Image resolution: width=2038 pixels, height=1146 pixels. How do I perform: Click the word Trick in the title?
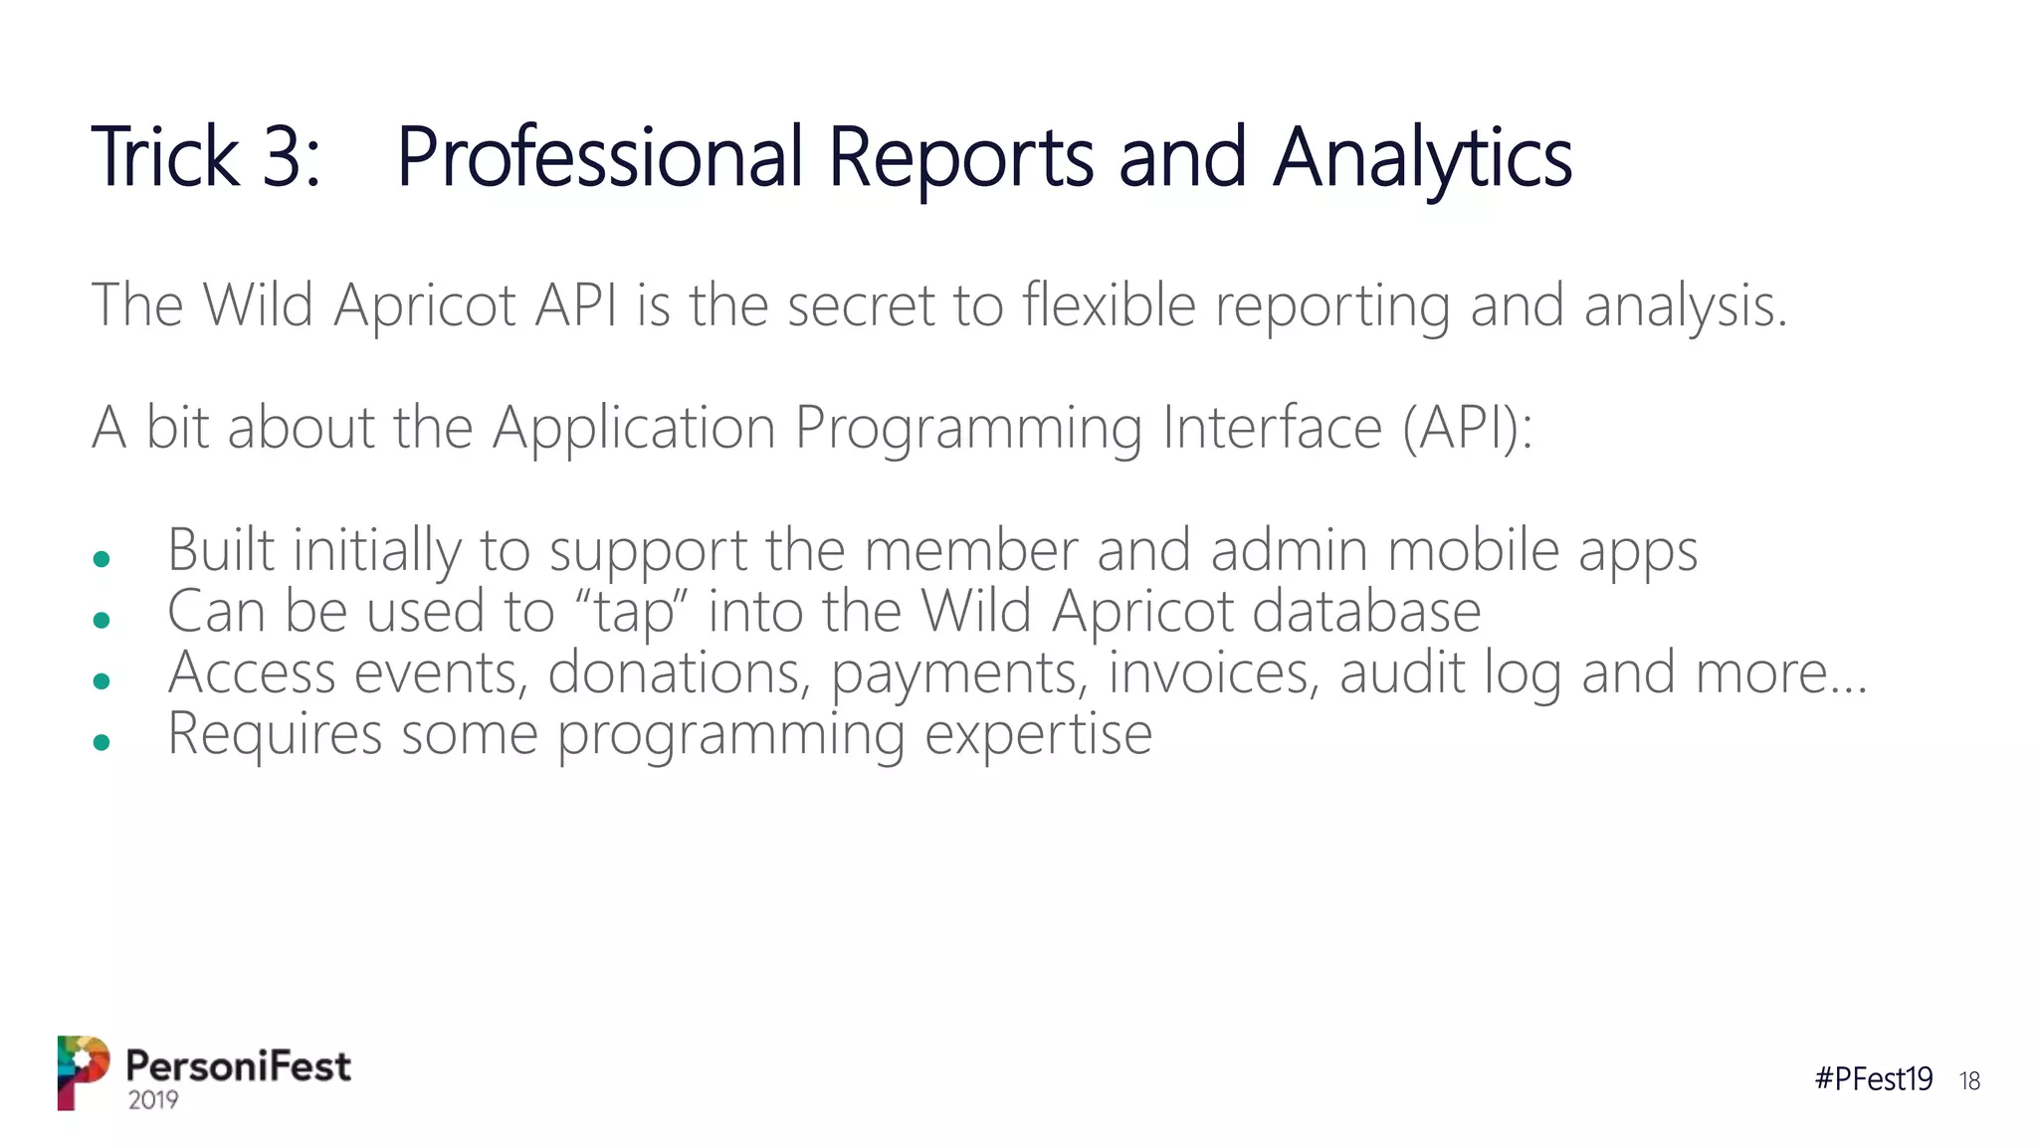165,157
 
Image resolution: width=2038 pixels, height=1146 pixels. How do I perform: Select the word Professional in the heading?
600,157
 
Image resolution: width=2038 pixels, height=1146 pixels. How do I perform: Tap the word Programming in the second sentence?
967,429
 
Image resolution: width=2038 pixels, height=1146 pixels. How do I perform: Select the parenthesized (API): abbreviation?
1468,429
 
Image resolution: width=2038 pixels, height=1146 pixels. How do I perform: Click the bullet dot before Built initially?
101,559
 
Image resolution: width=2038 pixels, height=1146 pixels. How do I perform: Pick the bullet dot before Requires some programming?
101,741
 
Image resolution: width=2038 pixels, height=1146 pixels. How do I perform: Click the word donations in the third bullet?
675,672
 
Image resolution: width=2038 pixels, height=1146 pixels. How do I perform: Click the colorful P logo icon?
83,1071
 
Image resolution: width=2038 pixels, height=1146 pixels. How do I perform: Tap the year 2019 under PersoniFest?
153,1099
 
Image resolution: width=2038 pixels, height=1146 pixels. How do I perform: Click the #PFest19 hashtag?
1873,1078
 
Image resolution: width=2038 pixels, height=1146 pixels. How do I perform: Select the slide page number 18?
1969,1080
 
